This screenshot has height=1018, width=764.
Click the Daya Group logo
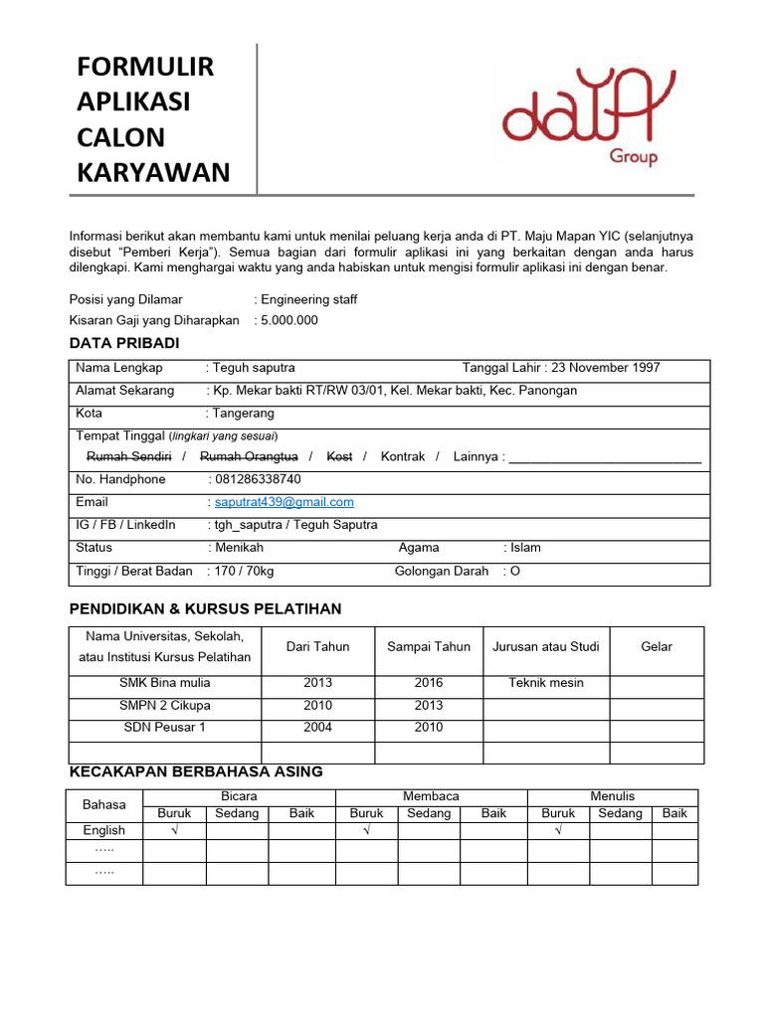(588, 118)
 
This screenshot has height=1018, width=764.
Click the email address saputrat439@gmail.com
(285, 502)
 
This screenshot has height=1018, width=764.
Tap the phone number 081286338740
(258, 479)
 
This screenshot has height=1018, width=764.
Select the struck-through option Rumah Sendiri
(129, 456)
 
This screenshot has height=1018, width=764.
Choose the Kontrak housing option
(403, 456)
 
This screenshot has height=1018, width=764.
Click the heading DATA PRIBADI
(124, 343)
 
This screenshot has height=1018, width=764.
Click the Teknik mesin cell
(546, 683)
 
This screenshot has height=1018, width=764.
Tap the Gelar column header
(657, 646)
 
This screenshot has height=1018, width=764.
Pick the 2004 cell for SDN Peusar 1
(317, 727)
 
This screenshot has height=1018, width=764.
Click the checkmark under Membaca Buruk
(367, 830)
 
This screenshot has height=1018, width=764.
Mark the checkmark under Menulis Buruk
(558, 830)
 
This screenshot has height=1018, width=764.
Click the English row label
(104, 830)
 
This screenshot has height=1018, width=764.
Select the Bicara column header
(239, 796)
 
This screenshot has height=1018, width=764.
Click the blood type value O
(515, 572)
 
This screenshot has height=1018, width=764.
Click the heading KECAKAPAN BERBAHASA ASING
(196, 772)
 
